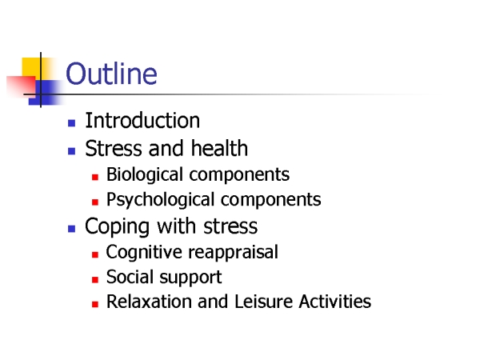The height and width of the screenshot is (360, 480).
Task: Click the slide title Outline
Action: pos(111,74)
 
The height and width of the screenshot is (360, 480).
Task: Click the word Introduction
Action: pos(142,120)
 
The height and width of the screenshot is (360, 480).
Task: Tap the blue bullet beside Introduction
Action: pos(72,123)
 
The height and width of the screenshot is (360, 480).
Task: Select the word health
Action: pos(219,148)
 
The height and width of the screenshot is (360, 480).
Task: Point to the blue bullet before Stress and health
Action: pos(72,151)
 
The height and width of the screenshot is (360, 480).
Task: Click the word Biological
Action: pos(145,175)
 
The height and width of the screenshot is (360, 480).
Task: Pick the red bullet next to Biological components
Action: pos(95,177)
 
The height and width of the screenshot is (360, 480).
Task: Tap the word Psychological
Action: pos(161,200)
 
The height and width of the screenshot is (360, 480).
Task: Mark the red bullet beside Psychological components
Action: pos(95,202)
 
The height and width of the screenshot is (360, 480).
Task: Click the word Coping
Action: pos(118,227)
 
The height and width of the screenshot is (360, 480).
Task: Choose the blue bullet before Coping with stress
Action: pos(72,229)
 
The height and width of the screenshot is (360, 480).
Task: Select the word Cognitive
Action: pos(145,253)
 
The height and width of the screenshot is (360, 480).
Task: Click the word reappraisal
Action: pos(234,253)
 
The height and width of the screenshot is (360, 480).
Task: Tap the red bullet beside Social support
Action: pos(95,279)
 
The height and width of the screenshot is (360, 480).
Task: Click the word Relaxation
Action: pos(150,302)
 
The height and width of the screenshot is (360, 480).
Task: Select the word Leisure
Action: pos(263,302)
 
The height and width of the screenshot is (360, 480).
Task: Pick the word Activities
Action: pos(335,302)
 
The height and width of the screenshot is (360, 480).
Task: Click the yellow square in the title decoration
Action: pos(31,68)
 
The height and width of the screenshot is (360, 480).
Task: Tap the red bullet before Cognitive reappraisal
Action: pos(95,254)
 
